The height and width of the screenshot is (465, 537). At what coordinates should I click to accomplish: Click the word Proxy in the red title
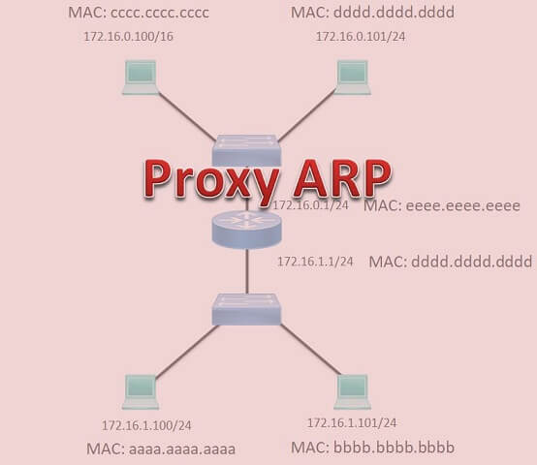pos(206,179)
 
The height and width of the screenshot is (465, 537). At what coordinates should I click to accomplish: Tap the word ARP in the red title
pos(335,177)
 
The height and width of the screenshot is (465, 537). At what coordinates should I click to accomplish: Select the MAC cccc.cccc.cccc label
pos(139,14)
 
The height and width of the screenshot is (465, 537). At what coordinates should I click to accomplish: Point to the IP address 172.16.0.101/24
pos(358,37)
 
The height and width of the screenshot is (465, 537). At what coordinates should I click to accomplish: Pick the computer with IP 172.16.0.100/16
pos(141,77)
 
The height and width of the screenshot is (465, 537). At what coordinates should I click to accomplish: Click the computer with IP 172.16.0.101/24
pos(353,77)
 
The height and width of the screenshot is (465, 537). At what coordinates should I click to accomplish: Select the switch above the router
pos(247,147)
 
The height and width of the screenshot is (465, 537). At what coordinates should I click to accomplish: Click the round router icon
pos(247,228)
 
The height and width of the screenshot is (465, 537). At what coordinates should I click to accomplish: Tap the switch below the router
pos(247,309)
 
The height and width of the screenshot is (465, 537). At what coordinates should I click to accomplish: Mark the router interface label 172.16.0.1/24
pos(310,205)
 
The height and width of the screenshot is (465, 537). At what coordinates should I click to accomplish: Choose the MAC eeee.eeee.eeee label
pos(442,206)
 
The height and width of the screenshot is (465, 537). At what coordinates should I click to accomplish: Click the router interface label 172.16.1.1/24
pos(315,262)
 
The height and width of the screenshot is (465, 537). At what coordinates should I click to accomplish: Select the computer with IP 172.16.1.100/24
pos(142,391)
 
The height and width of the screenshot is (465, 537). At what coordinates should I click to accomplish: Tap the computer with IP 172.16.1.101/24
pos(352,391)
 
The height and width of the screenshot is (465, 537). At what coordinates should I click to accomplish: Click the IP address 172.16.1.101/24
pos(352,423)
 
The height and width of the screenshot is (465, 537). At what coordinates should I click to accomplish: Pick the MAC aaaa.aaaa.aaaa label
pos(155,448)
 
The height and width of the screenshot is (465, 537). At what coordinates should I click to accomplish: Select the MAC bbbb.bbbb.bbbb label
pos(372,447)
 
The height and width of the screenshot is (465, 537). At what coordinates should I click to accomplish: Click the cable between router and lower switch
pos(247,271)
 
